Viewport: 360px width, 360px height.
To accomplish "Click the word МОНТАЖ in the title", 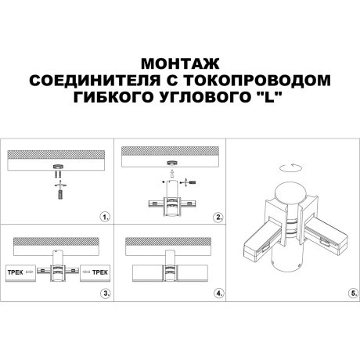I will pos(180,63).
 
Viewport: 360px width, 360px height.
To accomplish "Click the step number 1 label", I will pos(106,215).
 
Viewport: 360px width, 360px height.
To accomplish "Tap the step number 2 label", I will pos(219,215).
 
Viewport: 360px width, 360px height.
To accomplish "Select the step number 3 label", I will pos(106,293).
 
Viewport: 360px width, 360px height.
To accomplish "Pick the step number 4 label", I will pos(219,293).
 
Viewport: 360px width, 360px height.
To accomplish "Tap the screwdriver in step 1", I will pos(58,191).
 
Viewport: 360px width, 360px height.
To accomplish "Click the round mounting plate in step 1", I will pos(58,167).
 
